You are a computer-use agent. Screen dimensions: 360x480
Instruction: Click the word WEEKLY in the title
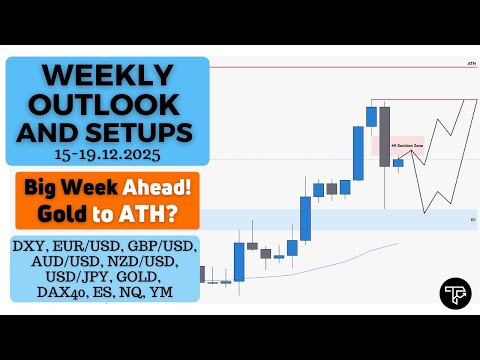pyautogui.click(x=107, y=75)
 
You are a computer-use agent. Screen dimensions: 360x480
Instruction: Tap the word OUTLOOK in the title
pyautogui.click(x=107, y=103)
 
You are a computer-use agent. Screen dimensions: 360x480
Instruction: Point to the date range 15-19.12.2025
pyautogui.click(x=107, y=157)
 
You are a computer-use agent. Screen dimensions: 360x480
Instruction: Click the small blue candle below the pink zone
pyautogui.click(x=398, y=162)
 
